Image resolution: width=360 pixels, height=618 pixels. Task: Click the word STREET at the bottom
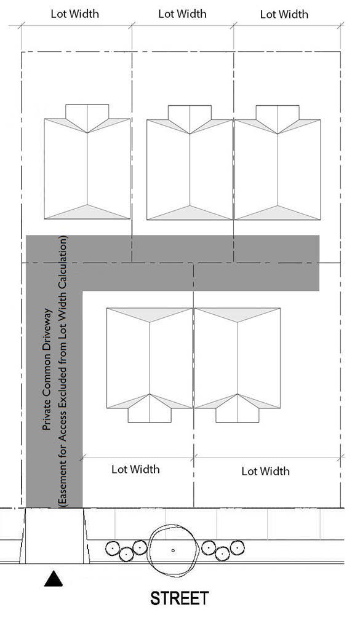click(x=180, y=598)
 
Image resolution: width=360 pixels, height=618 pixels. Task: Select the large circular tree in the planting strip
click(x=173, y=550)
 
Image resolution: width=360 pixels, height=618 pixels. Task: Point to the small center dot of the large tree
click(x=173, y=550)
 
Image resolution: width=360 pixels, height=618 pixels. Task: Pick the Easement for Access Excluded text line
click(x=63, y=371)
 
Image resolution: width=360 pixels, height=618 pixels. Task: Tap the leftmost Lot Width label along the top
click(x=75, y=14)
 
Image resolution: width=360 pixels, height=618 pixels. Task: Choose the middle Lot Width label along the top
click(x=182, y=14)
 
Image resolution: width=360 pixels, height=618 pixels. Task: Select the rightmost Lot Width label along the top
click(x=284, y=15)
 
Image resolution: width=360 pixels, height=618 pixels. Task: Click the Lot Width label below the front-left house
click(x=135, y=469)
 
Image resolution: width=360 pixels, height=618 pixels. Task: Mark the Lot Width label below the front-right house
click(x=265, y=471)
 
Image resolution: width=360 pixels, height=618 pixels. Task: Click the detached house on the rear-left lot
click(x=87, y=162)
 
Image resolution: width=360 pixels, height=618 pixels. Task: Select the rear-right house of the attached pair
click(x=277, y=162)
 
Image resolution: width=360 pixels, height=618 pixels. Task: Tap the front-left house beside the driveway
click(x=150, y=365)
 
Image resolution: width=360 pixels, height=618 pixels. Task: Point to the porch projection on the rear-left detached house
click(x=87, y=114)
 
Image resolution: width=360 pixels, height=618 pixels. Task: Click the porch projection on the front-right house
click(x=238, y=412)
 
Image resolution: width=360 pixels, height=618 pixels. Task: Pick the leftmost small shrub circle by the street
click(x=113, y=547)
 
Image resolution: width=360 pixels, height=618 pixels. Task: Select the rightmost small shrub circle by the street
click(x=236, y=547)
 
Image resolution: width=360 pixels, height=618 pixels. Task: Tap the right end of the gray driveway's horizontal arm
click(x=318, y=263)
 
